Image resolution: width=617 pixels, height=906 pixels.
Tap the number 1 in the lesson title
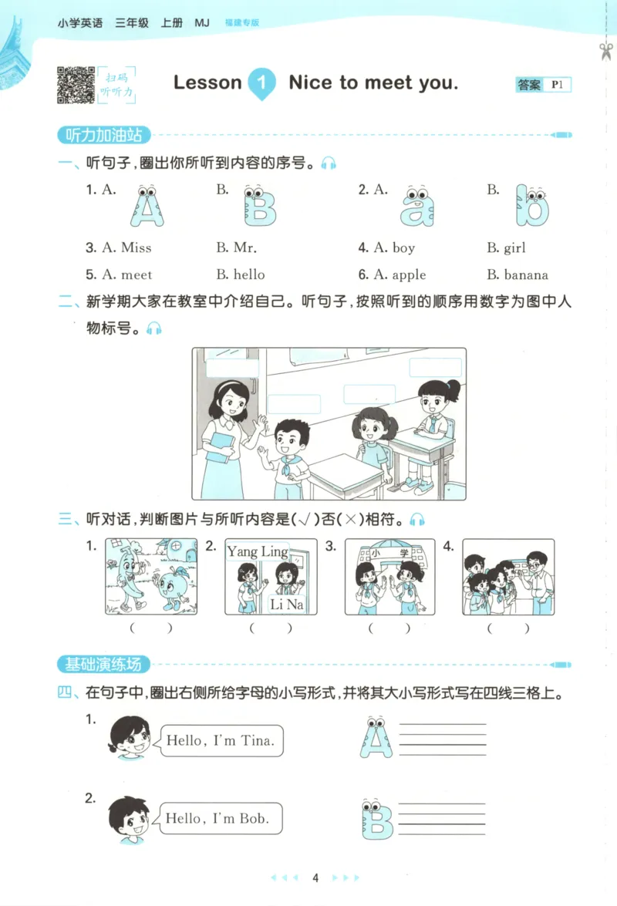pos(261,83)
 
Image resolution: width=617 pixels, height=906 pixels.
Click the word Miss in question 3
pos(136,248)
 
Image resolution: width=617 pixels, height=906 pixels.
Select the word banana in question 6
pos(525,274)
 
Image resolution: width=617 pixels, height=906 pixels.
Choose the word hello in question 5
pos(249,274)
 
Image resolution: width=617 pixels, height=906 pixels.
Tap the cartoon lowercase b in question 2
pos(532,206)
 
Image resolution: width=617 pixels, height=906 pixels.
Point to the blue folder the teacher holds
pos(222,446)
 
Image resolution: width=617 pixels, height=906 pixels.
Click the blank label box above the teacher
pos(232,368)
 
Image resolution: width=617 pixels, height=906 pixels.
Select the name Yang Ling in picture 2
pos(257,551)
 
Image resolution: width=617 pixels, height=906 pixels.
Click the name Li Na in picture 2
pos(286,605)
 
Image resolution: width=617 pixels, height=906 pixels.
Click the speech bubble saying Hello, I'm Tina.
pos(221,741)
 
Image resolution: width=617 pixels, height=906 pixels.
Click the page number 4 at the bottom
pos(315,878)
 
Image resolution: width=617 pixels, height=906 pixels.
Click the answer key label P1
pos(557,85)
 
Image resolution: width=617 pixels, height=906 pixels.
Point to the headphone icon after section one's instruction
pos(329,163)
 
